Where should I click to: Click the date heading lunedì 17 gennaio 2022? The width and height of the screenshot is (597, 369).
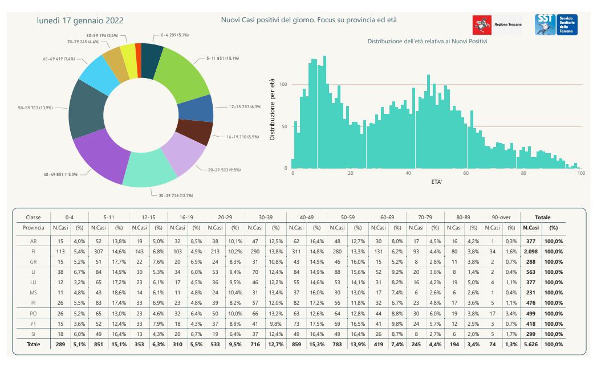[80, 20]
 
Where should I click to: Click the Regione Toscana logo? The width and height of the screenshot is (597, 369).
[497, 25]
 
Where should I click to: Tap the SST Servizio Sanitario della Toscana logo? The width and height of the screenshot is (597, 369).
[556, 24]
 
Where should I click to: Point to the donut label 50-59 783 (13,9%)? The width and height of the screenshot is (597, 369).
[35, 107]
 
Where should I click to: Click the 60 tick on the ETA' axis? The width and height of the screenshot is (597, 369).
[466, 174]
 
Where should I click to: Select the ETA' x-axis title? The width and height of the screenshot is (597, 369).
[437, 183]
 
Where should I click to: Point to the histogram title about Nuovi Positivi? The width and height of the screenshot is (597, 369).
[427, 42]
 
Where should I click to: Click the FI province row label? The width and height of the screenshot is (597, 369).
[34, 251]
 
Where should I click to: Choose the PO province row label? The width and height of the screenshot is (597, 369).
[34, 313]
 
